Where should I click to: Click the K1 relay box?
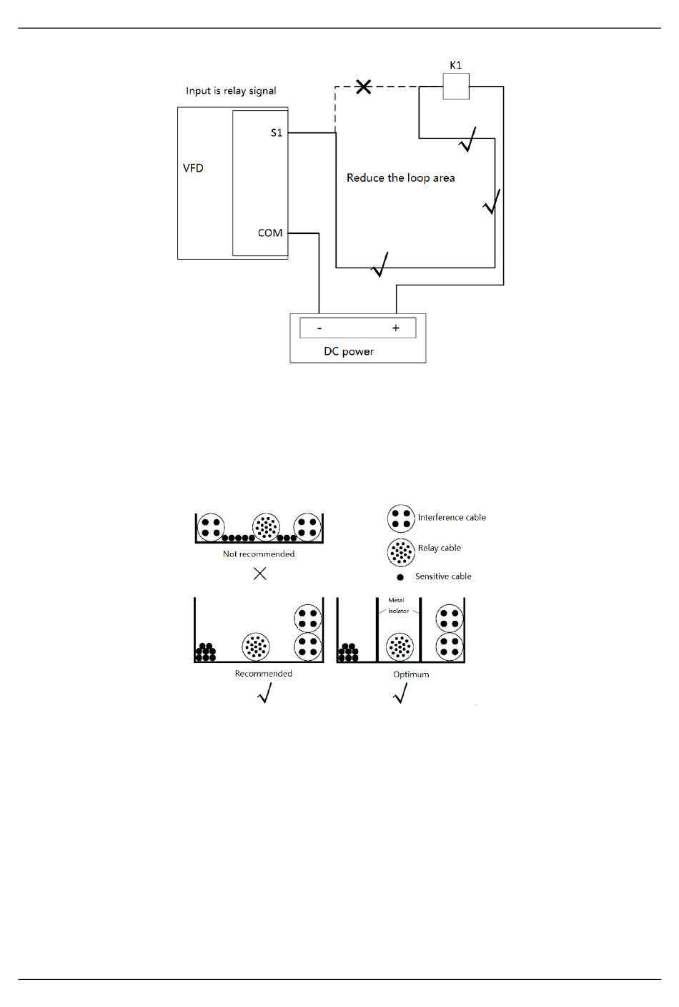pos(455,87)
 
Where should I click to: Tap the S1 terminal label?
pos(277,133)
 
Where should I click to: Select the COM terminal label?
pos(270,233)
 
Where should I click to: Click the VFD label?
pos(193,168)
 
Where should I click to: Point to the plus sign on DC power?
pos(395,328)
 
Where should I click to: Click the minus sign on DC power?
pos(319,328)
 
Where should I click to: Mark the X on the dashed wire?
pos(364,87)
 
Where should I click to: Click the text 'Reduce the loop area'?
pos(400,178)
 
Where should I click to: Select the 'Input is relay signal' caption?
pos(231,91)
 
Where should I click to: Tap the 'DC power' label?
pos(349,351)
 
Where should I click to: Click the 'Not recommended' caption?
pos(259,554)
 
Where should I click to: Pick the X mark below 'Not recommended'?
pos(260,573)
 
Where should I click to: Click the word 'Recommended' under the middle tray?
pos(263,674)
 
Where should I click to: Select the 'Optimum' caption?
pos(411,674)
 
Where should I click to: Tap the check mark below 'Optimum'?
pos(401,692)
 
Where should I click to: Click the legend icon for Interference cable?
pos(400,519)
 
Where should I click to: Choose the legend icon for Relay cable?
pos(400,551)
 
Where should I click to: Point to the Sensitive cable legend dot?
pos(400,577)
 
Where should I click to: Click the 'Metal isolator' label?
pos(397,606)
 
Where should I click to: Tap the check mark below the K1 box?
pos(467,140)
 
